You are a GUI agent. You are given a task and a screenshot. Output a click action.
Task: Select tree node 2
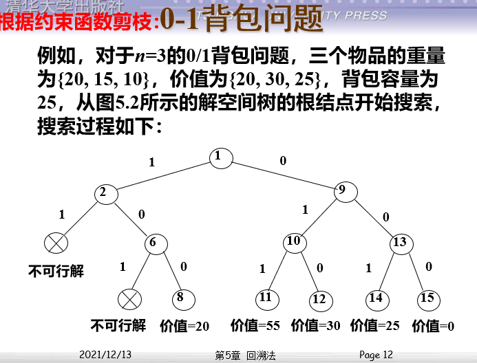[x=106, y=193]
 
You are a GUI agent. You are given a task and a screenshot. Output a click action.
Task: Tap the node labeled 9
[x=343, y=192]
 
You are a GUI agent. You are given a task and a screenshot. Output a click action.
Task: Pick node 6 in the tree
[x=156, y=243]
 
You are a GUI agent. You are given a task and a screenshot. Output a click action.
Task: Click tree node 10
[x=295, y=242]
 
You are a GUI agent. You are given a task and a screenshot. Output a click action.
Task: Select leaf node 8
[x=182, y=298]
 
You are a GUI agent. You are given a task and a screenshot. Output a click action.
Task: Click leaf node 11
[x=266, y=298]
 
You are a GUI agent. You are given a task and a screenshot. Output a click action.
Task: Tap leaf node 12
[x=319, y=299]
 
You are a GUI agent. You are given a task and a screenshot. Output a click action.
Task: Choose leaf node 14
[x=376, y=298]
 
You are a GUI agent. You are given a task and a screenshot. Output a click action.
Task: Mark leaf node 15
[x=427, y=298]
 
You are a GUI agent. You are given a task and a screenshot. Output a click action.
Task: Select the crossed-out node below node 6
[x=129, y=299]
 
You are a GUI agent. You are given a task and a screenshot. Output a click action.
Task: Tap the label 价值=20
[x=184, y=326]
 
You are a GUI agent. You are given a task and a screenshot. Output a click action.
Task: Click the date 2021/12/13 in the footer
[x=105, y=355]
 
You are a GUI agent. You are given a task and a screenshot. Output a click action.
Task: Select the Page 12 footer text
[x=376, y=355]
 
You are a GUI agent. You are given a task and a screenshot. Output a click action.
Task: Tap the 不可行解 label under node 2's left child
[x=56, y=271]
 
